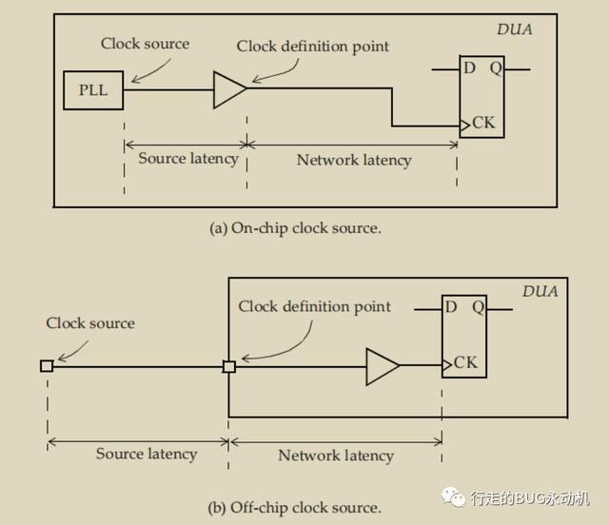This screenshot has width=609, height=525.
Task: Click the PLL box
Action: click(93, 90)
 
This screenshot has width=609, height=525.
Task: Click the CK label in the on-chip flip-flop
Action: click(483, 123)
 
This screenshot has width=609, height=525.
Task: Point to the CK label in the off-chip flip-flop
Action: click(465, 362)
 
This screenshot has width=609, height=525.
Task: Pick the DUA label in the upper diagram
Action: click(515, 29)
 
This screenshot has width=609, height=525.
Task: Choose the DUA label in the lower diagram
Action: click(540, 291)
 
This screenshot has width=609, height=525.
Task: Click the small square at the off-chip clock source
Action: click(47, 366)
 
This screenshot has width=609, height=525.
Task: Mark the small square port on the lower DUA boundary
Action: click(229, 366)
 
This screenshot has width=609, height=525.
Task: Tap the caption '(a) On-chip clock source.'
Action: click(295, 228)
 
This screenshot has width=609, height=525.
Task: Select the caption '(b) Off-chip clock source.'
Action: click(294, 508)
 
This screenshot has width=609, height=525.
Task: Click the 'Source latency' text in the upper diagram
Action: click(188, 159)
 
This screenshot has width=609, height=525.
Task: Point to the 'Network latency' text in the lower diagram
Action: click(336, 456)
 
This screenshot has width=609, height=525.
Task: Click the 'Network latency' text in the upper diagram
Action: click(354, 160)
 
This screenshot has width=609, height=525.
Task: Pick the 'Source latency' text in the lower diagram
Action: click(147, 454)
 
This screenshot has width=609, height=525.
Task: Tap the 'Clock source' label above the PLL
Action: click(145, 44)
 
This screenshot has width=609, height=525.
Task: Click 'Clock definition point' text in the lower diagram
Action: click(314, 307)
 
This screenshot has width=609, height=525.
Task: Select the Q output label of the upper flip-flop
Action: click(496, 68)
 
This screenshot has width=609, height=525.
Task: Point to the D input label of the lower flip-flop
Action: click(450, 307)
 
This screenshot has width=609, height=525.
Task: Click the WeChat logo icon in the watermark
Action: click(453, 497)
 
